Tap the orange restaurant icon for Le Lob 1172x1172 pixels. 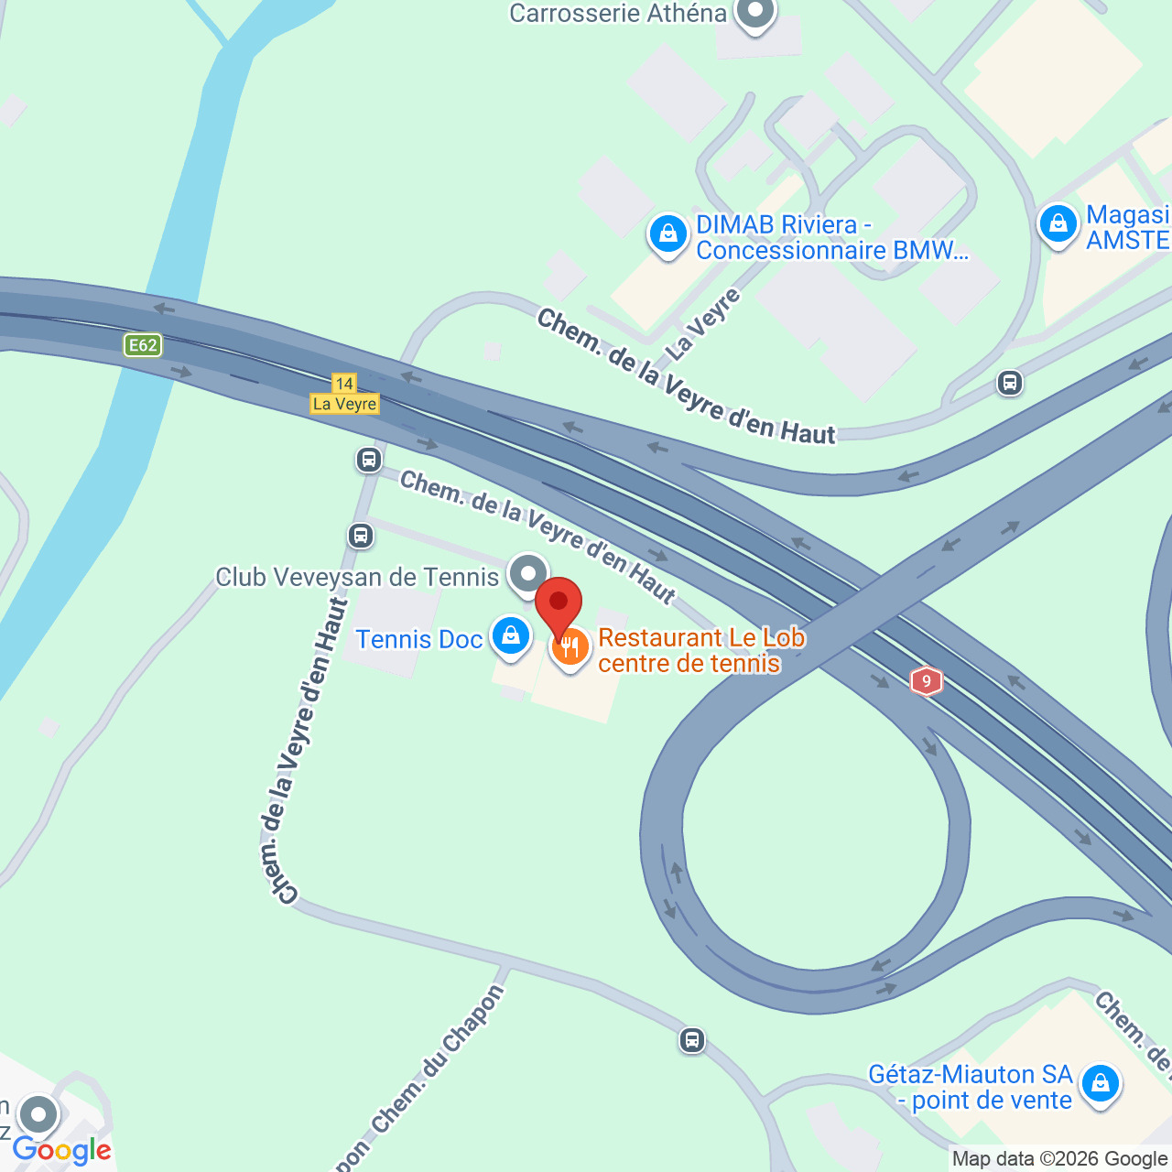(x=570, y=649)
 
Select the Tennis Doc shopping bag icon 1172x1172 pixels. (x=511, y=635)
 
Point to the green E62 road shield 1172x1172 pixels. (x=143, y=345)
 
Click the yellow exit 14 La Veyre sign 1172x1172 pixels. (x=344, y=395)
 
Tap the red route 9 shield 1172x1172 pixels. (x=927, y=681)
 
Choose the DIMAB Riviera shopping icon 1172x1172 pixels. (x=668, y=234)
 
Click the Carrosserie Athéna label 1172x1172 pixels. (x=618, y=14)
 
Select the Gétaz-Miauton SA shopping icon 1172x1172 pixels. (x=1100, y=1084)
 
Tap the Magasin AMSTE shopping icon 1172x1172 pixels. (x=1058, y=223)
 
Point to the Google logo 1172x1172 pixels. (x=61, y=1150)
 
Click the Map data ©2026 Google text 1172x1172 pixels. (x=1059, y=1159)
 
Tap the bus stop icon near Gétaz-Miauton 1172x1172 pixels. (x=692, y=1040)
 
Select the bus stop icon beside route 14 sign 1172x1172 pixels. (x=369, y=460)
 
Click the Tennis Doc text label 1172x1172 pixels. (x=418, y=639)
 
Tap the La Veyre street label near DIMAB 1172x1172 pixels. (x=702, y=325)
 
